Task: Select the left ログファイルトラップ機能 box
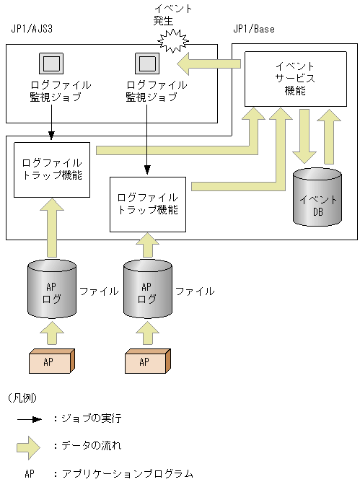point(52,169)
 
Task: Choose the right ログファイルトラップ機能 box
point(147,204)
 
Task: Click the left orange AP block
point(51,361)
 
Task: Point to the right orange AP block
point(147,361)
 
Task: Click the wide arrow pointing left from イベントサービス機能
point(209,64)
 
